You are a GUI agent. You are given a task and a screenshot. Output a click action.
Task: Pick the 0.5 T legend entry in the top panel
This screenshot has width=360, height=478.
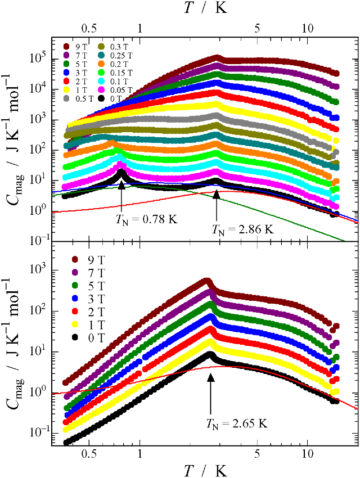click(x=81, y=98)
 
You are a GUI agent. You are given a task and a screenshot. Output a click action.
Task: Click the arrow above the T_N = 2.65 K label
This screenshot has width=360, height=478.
click(x=211, y=394)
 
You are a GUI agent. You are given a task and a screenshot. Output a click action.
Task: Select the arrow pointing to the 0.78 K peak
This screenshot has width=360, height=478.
click(x=121, y=194)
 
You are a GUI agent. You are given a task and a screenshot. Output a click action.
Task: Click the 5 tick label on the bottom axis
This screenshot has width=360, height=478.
click(x=257, y=452)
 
